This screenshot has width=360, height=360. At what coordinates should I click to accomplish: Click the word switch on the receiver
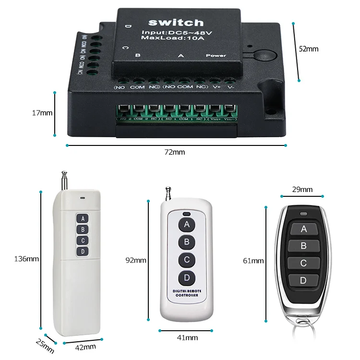(x=176, y=23)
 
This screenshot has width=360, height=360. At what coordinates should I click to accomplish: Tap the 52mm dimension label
(x=308, y=48)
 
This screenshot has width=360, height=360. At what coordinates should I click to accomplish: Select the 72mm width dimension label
(x=175, y=152)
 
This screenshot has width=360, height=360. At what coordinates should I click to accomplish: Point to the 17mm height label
(x=42, y=113)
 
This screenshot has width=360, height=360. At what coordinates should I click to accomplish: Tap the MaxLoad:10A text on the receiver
(x=176, y=38)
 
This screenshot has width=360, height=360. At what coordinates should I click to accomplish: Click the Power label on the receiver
(x=216, y=56)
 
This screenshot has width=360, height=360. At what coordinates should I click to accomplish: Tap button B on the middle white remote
(x=186, y=242)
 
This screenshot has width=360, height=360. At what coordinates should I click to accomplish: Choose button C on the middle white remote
(x=186, y=260)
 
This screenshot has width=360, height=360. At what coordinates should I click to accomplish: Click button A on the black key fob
(x=303, y=229)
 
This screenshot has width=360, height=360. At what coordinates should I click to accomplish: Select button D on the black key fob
(x=303, y=280)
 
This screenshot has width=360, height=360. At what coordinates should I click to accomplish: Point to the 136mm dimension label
(x=26, y=259)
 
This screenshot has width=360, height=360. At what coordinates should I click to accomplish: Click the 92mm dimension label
(x=136, y=260)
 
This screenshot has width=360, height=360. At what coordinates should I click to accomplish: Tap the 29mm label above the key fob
(x=302, y=190)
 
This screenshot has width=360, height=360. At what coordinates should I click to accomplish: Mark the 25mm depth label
(x=43, y=343)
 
